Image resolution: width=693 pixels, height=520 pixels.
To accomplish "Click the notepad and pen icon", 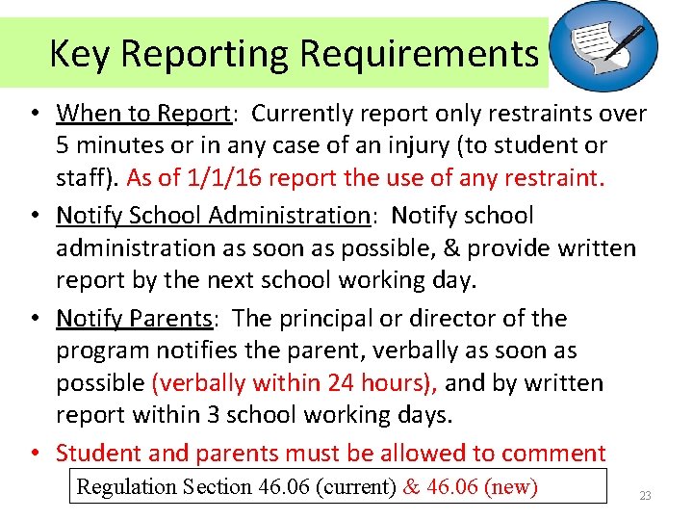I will click(x=609, y=46).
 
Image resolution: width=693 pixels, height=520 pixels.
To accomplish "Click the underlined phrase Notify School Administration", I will click(x=212, y=216).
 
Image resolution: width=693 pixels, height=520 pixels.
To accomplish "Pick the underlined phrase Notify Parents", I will click(x=134, y=318).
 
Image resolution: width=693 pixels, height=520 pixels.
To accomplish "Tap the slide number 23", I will click(x=645, y=496).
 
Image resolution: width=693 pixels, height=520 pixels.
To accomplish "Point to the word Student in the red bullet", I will click(x=94, y=453).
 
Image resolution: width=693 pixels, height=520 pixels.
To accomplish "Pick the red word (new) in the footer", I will click(x=511, y=487).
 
